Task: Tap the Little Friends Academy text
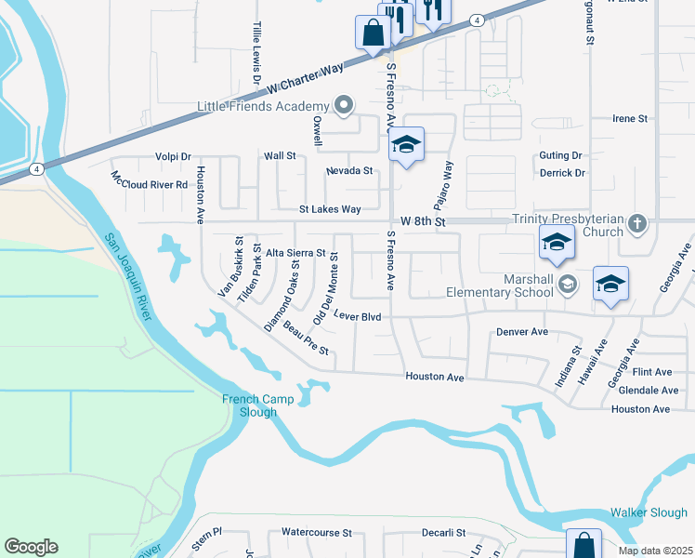pyautogui.click(x=263, y=106)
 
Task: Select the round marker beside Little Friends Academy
pyautogui.click(x=345, y=105)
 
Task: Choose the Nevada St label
pyautogui.click(x=349, y=171)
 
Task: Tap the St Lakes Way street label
pyautogui.click(x=330, y=209)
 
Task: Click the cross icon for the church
pyautogui.click(x=636, y=223)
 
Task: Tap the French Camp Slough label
pyautogui.click(x=257, y=405)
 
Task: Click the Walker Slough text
pyautogui.click(x=649, y=512)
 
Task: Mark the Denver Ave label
pyautogui.click(x=521, y=332)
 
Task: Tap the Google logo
pyautogui.click(x=31, y=547)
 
